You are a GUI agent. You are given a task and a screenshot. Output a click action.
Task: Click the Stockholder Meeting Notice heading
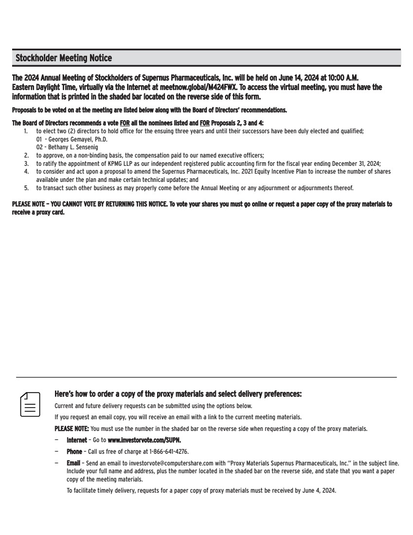click(x=64, y=58)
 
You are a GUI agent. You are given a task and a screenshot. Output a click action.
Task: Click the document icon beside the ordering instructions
click(x=30, y=404)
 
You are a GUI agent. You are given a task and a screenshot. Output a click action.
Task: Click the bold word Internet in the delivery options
click(x=77, y=440)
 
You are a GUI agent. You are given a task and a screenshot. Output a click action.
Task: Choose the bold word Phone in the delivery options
click(x=74, y=451)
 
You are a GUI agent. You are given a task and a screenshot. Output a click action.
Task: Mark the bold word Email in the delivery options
click(x=73, y=463)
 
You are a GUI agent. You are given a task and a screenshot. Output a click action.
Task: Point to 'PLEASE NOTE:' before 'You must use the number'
click(x=72, y=428)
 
